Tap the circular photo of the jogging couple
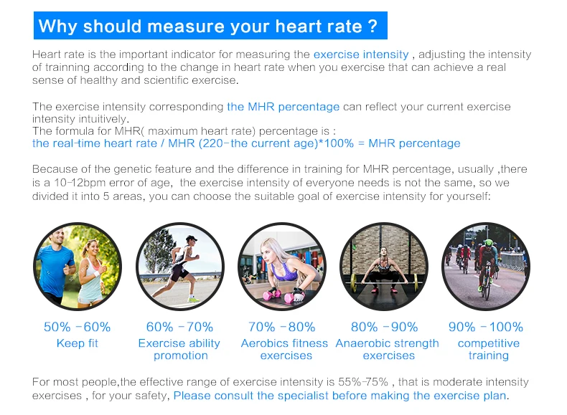click(77, 266)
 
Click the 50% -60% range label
click(77, 327)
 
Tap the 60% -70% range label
click(179, 327)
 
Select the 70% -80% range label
click(281, 327)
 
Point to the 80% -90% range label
click(384, 327)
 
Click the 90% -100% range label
click(486, 327)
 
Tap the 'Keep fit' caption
click(77, 343)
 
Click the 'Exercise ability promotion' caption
click(179, 349)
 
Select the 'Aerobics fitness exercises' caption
click(284, 349)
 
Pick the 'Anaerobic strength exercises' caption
click(388, 349)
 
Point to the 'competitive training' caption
click(488, 349)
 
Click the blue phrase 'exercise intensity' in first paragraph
click(361, 54)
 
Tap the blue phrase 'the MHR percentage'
click(283, 107)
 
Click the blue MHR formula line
click(246, 143)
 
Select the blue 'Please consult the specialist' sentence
click(340, 395)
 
